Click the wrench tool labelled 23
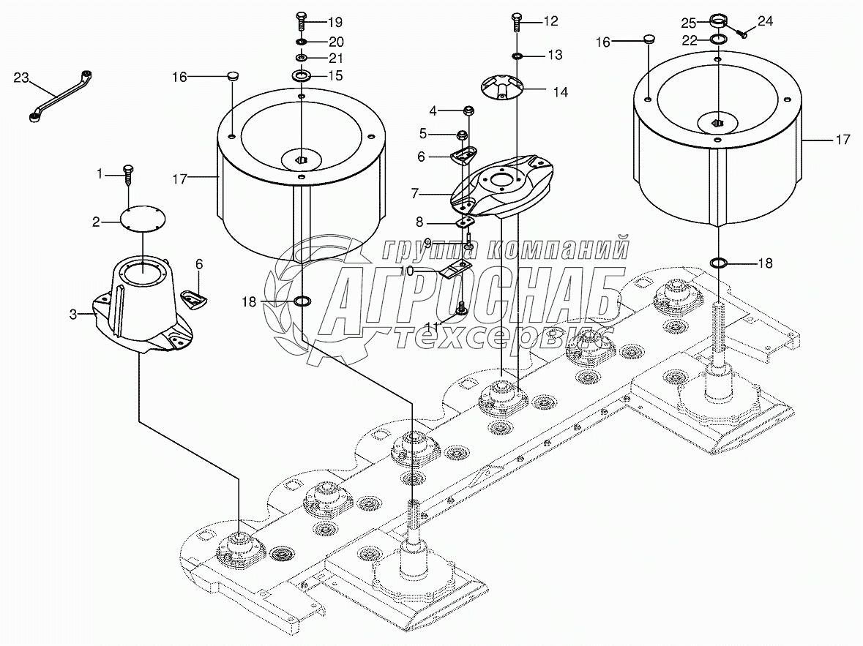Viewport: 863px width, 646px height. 59,96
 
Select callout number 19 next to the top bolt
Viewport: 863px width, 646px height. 335,23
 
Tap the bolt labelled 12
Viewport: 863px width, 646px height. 516,21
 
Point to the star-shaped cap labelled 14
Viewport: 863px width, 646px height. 503,89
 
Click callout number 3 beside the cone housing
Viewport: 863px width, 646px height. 73,315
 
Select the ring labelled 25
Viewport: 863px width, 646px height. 717,21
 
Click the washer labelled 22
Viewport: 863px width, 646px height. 717,39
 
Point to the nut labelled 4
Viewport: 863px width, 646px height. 468,110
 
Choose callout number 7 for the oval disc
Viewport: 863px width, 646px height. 415,194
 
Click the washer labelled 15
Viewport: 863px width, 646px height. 302,75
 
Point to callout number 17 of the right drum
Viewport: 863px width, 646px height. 843,140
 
